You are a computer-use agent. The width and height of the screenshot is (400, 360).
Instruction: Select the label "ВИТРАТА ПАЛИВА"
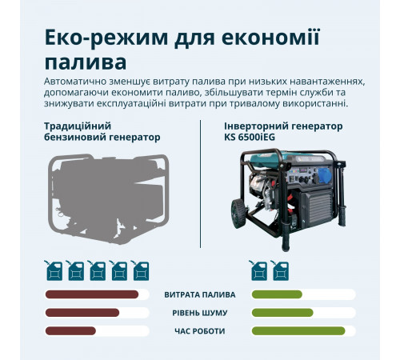[200, 294]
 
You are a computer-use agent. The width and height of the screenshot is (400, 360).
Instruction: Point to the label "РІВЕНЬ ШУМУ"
[200, 313]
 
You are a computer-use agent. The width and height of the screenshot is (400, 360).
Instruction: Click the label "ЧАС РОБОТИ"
[200, 331]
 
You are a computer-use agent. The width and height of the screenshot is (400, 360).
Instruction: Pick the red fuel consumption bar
[92, 294]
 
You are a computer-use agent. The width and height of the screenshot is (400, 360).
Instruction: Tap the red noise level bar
[82, 313]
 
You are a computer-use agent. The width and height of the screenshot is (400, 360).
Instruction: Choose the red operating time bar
[70, 331]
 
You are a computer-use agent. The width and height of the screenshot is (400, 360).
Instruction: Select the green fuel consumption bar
[277, 294]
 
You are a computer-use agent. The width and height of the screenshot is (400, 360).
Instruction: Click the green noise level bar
[282, 313]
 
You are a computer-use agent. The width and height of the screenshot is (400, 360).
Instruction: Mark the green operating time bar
[298, 331]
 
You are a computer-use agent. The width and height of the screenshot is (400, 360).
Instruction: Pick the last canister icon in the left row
[142, 271]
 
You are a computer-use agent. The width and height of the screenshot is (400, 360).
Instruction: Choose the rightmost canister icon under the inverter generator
[281, 271]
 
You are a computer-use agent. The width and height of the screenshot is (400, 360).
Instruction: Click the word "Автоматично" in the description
[78, 82]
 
